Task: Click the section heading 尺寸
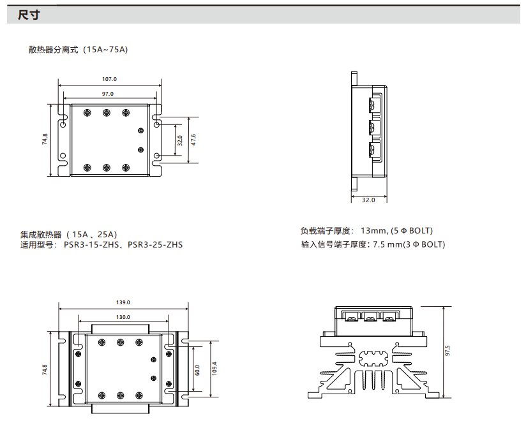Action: [x=29, y=15]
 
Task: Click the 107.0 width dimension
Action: [x=110, y=80]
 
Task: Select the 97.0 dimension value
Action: [x=108, y=94]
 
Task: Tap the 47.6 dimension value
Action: [x=193, y=140]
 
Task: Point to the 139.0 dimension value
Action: [x=123, y=302]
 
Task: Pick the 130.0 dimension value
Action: [x=123, y=317]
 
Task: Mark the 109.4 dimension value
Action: [x=214, y=370]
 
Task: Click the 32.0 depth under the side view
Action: [x=368, y=200]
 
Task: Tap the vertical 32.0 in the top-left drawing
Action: [x=180, y=140]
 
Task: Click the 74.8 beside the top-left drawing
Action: [x=45, y=140]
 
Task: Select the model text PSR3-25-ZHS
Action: [x=155, y=244]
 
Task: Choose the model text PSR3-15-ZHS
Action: [x=90, y=244]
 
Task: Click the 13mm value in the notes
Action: [x=374, y=231]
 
